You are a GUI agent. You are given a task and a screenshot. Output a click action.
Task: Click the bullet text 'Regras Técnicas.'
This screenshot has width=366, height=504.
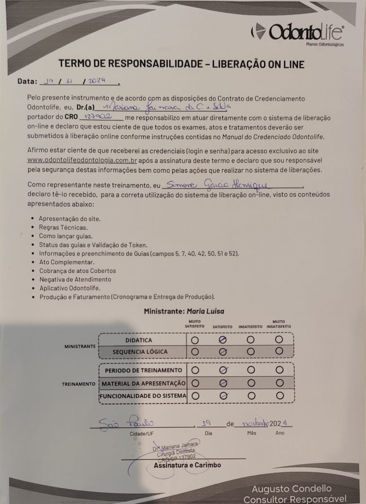(63, 227)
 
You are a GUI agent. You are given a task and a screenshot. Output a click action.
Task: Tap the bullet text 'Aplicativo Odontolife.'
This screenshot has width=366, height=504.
(70, 288)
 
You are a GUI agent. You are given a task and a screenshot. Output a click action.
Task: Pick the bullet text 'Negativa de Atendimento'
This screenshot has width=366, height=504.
(75, 279)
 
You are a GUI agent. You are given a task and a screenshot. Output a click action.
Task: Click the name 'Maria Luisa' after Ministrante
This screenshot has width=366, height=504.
(205, 311)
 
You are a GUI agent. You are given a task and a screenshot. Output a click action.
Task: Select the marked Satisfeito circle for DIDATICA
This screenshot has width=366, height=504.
(223, 340)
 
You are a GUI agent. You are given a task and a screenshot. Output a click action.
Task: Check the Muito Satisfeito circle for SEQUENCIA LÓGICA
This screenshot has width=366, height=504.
(195, 352)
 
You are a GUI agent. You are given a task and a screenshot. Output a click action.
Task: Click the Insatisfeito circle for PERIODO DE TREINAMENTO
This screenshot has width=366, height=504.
(251, 370)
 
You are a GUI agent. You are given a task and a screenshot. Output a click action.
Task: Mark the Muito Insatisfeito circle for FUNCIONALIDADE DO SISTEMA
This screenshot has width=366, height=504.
(280, 396)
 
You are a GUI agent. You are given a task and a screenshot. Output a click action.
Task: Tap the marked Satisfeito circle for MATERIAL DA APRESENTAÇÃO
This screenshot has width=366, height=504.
(223, 383)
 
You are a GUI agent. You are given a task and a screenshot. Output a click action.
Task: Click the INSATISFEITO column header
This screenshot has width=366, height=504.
(250, 327)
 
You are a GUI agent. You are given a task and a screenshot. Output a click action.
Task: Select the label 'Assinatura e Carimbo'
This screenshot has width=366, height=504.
(187, 465)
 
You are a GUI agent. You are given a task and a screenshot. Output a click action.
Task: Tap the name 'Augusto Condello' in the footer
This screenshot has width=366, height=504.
(292, 489)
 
